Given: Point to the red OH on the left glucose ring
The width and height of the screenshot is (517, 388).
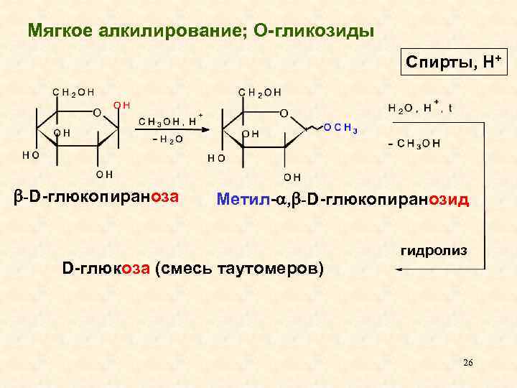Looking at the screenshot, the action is [x=121, y=106].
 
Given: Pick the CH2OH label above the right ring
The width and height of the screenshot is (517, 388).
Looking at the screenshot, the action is [x=260, y=92].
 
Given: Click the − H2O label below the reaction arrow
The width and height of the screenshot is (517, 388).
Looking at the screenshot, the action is [x=166, y=139].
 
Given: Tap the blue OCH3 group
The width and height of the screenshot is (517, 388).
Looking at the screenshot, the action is [x=341, y=129].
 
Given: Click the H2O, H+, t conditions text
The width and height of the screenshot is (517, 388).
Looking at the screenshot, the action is [x=421, y=108].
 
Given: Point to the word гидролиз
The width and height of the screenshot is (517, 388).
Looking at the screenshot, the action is [x=434, y=251].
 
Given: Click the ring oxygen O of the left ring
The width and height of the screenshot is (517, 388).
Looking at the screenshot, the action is [x=97, y=111].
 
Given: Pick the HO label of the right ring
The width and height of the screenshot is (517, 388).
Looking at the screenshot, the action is [x=215, y=156].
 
